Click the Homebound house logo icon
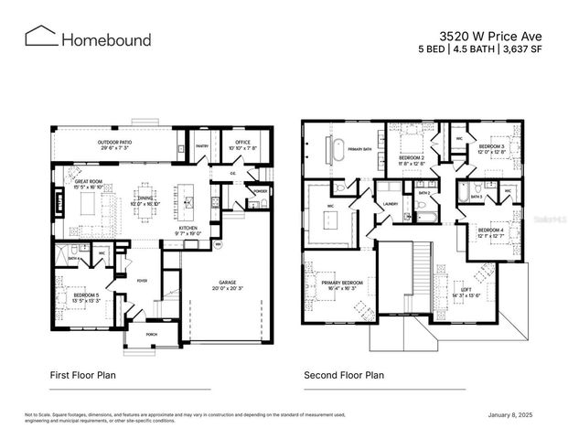pos(41,37)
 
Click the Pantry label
pos(203,145)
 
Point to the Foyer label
pos(142,281)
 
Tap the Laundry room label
pos(390,204)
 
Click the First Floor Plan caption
pos(83,375)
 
